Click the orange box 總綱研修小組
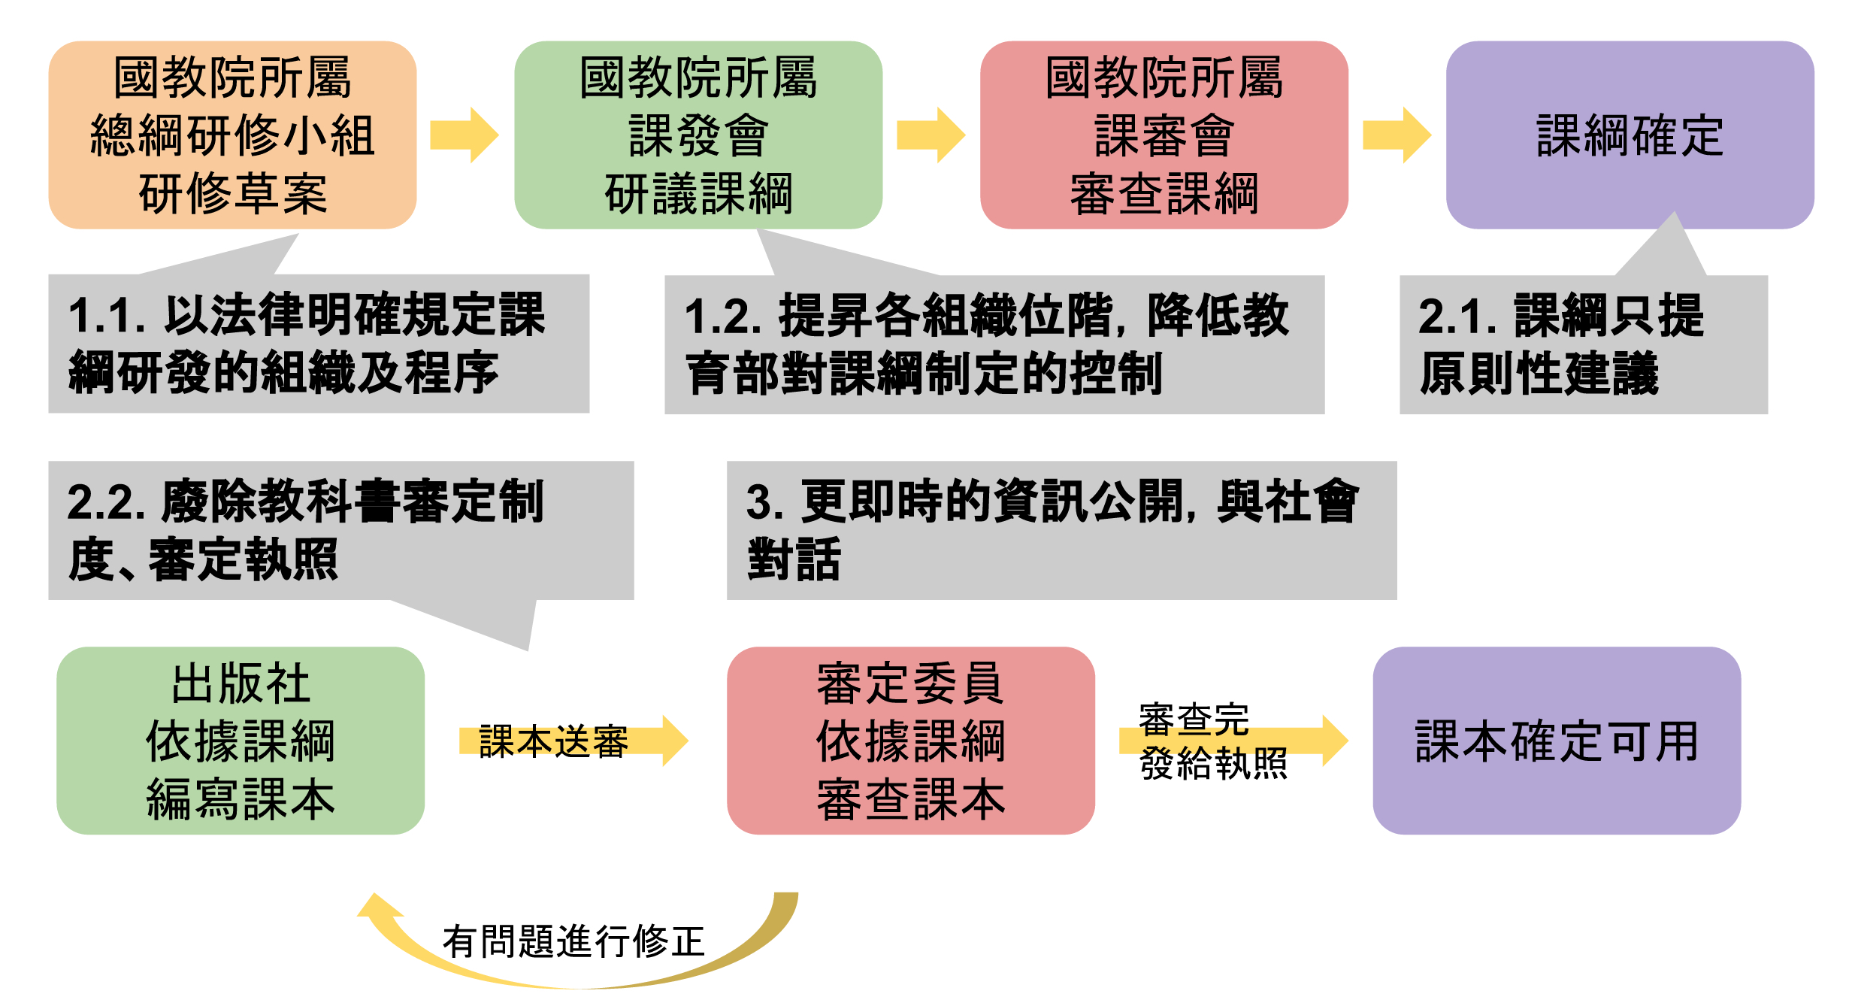(x=232, y=135)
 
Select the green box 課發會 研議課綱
(x=698, y=135)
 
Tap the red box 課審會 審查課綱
(x=1164, y=135)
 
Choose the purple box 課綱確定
(x=1630, y=135)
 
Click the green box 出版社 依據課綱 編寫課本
(x=241, y=741)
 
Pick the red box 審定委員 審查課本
(x=910, y=741)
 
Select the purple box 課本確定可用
(x=1557, y=741)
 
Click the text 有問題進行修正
(x=573, y=941)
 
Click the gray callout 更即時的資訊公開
(x=1061, y=530)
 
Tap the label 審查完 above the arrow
(x=1194, y=720)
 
